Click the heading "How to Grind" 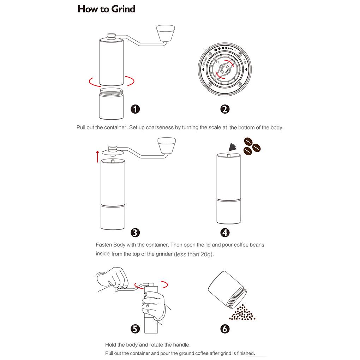pyautogui.click(x=106, y=9)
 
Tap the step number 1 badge pyautogui.click(x=135, y=109)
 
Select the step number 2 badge pyautogui.click(x=225, y=109)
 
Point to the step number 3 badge pyautogui.click(x=135, y=233)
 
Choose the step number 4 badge pyautogui.click(x=225, y=233)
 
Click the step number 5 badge pyautogui.click(x=135, y=329)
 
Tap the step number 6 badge pyautogui.click(x=225, y=329)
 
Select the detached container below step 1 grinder pyautogui.click(x=111, y=104)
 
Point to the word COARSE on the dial pyautogui.click(x=205, y=62)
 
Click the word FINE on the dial pyautogui.click(x=245, y=62)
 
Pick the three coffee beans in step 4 pyautogui.click(x=252, y=146)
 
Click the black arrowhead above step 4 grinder pyautogui.click(x=233, y=147)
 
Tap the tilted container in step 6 pyautogui.click(x=227, y=290)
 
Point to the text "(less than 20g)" pyautogui.click(x=194, y=254)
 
